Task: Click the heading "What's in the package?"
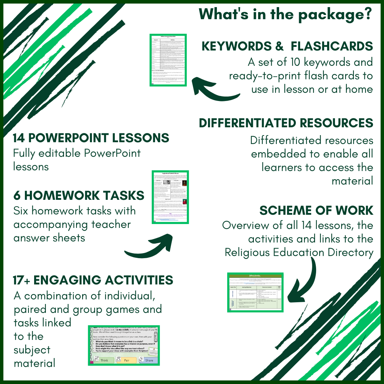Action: tap(286, 14)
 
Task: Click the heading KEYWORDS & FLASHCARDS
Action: tap(287, 46)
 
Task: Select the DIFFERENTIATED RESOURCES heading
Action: tap(286, 123)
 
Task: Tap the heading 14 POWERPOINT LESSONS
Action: tap(91, 138)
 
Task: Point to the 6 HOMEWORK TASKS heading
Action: tap(79, 195)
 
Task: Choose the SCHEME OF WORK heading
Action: tap(316, 210)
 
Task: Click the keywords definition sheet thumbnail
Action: tap(168, 60)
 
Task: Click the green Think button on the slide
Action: tap(104, 360)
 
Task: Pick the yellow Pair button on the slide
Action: tap(127, 360)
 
